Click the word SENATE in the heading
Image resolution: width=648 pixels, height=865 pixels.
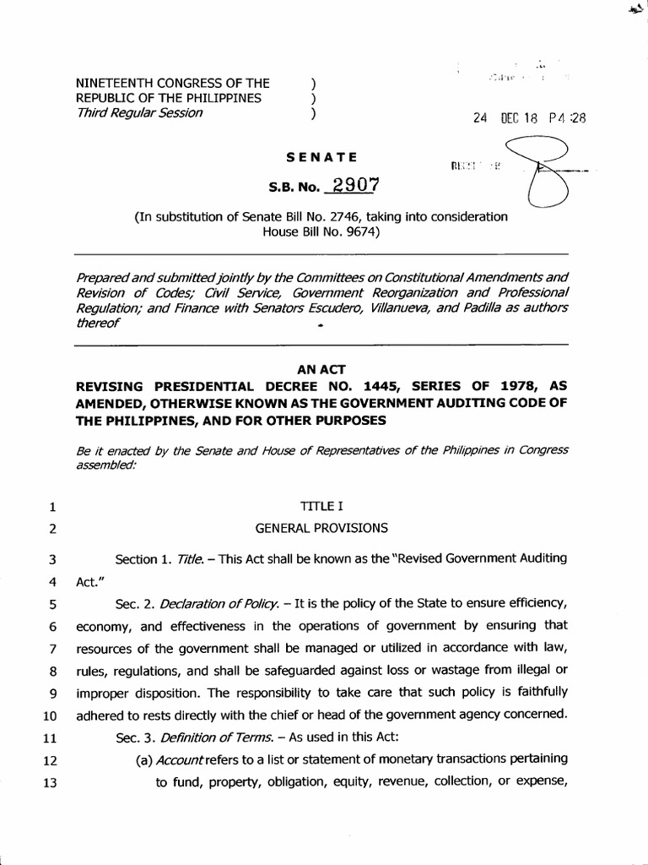[x=321, y=157]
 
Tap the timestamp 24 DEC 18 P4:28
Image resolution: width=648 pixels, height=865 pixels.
[x=529, y=118]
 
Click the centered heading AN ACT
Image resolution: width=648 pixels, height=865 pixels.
[x=321, y=369]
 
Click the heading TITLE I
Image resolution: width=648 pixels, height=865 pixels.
[x=321, y=508]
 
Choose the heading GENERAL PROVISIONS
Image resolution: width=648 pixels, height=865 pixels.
[x=321, y=529]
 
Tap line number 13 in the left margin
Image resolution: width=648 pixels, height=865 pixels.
[x=49, y=782]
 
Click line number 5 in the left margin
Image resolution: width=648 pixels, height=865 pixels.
[x=51, y=605]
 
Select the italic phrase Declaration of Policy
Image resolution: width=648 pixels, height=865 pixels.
[x=208, y=605]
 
